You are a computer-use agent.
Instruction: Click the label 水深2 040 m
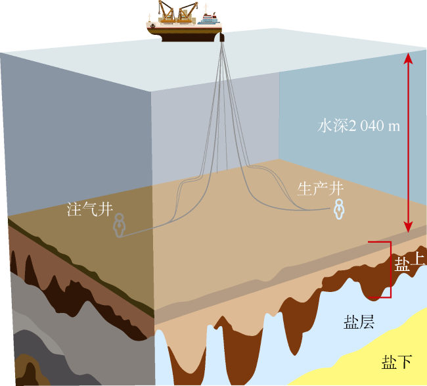tap(359, 126)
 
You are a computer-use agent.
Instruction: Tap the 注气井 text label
tap(90, 209)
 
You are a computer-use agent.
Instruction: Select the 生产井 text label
tap(320, 189)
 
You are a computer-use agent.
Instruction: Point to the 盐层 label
tap(359, 322)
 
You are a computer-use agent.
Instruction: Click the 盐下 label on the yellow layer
tap(397, 362)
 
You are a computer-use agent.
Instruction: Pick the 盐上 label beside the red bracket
tap(410, 263)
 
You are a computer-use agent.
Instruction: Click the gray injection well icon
tap(120, 225)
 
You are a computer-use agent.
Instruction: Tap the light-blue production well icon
tap(340, 209)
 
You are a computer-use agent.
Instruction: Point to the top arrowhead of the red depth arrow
tap(408, 58)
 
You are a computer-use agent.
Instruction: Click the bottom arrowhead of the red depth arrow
tap(408, 227)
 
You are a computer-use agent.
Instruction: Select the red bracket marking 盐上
tap(391, 270)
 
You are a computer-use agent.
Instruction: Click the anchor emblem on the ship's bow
tap(152, 26)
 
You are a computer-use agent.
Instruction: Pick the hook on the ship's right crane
tap(196, 8)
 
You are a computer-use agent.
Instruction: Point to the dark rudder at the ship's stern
tap(222, 37)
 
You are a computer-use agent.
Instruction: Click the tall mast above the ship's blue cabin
tap(206, 9)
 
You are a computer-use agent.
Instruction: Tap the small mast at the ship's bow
tap(149, 18)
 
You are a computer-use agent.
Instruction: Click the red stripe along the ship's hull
tap(185, 28)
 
